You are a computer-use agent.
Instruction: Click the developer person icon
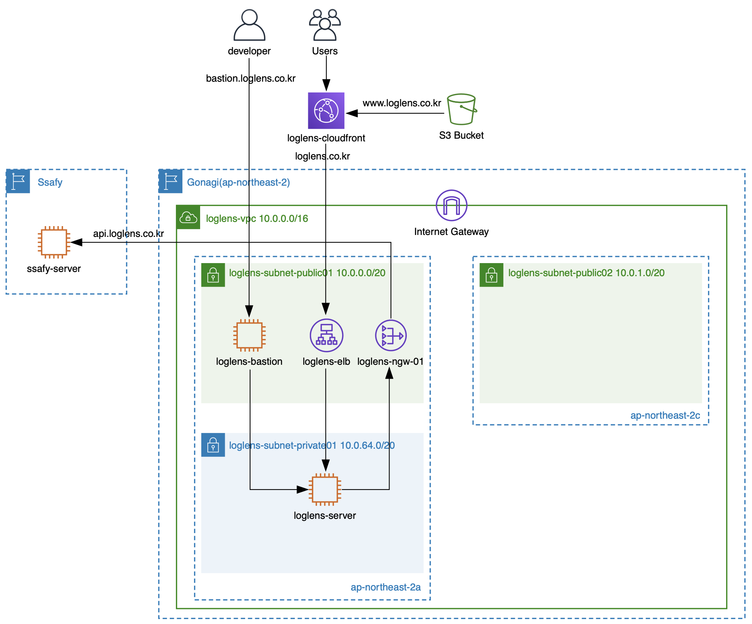click(249, 25)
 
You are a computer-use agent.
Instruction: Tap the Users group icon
click(325, 25)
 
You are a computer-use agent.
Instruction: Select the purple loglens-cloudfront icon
click(326, 111)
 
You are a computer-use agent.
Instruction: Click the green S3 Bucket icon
click(461, 109)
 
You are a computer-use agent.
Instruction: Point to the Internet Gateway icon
click(451, 205)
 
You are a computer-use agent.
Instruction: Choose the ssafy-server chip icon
click(54, 242)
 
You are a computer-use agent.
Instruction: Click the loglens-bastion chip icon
click(249, 335)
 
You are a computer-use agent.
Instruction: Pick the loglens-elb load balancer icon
click(326, 335)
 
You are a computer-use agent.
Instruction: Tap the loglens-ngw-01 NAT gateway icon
click(391, 335)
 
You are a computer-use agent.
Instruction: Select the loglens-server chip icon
click(325, 490)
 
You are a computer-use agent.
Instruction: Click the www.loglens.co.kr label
click(402, 103)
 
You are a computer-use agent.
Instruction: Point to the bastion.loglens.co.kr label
click(251, 79)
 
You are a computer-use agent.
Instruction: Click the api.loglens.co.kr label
click(129, 234)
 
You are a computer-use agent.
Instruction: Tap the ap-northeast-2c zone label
click(665, 416)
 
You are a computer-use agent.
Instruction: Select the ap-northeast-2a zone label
click(386, 587)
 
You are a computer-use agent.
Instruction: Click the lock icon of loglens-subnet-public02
click(491, 275)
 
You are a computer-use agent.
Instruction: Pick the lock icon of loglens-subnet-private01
click(213, 445)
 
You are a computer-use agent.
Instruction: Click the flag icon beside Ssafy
click(18, 181)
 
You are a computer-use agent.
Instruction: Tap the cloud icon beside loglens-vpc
click(188, 217)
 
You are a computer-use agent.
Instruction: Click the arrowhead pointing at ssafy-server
click(76, 242)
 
